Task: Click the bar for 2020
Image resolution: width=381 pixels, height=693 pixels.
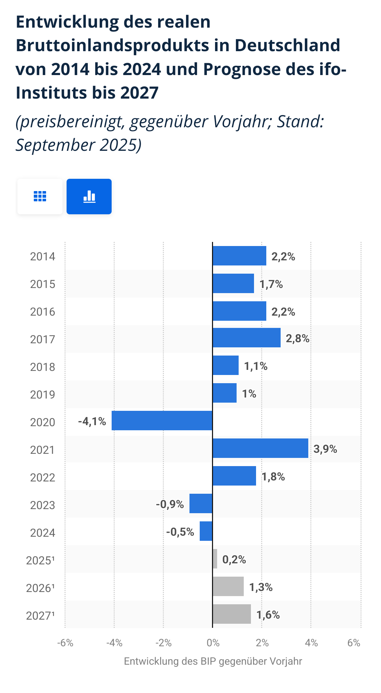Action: (x=162, y=420)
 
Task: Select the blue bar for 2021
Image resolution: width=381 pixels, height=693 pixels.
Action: (x=260, y=448)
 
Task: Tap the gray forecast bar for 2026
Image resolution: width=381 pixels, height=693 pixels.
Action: (x=228, y=586)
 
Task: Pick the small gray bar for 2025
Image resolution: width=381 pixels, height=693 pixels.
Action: (x=215, y=559)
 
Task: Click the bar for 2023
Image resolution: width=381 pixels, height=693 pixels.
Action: (x=201, y=503)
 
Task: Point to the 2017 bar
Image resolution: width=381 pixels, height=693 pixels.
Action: (x=246, y=338)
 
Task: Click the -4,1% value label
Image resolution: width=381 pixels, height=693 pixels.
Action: (x=92, y=421)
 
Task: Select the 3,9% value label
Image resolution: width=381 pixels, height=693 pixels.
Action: (x=325, y=449)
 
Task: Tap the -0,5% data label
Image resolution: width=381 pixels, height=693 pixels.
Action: (x=180, y=532)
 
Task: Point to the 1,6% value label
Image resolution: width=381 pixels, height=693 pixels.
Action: (x=268, y=615)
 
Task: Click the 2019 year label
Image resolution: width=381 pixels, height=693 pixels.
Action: (x=42, y=394)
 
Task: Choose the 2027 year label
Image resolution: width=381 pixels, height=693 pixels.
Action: (x=40, y=616)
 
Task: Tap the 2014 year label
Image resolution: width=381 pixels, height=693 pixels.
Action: (x=42, y=256)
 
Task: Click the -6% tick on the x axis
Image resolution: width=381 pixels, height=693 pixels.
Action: (x=65, y=643)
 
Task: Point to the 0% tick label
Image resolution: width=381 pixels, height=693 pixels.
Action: (x=213, y=643)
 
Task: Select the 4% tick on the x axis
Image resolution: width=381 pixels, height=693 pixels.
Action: (x=311, y=643)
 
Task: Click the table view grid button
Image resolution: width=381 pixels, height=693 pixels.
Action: (x=40, y=197)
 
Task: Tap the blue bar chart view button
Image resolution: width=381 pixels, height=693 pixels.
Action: (x=89, y=197)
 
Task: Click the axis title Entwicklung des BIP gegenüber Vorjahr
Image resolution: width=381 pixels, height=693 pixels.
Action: (x=213, y=661)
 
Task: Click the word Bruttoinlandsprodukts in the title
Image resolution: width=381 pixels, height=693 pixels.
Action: (x=113, y=45)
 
